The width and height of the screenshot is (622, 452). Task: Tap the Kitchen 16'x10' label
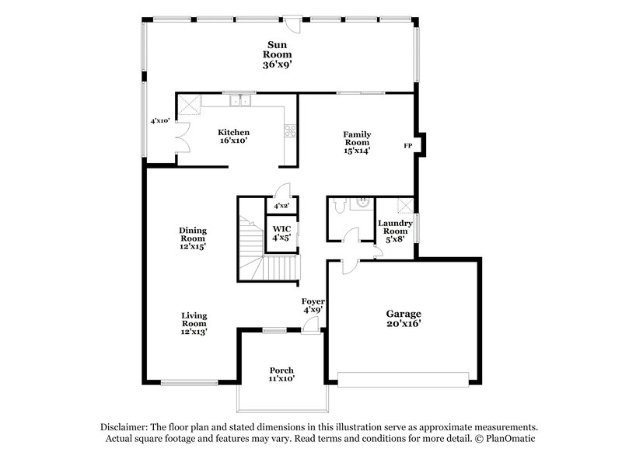pyautogui.click(x=233, y=137)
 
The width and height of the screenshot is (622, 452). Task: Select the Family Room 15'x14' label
pyautogui.click(x=357, y=142)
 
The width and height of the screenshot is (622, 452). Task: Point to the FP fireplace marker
pyautogui.click(x=407, y=146)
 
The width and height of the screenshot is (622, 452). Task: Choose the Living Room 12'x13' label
pyautogui.click(x=194, y=323)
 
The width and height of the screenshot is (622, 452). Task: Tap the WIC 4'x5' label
pyautogui.click(x=281, y=233)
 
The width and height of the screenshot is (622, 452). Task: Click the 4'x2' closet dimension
pyautogui.click(x=281, y=207)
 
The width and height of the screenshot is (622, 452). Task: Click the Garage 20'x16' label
pyautogui.click(x=404, y=318)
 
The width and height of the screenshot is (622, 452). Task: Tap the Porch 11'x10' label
pyautogui.click(x=281, y=374)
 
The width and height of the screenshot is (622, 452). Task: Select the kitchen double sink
pyautogui.click(x=240, y=100)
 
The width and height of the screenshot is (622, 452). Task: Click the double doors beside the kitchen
pyautogui.click(x=183, y=139)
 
